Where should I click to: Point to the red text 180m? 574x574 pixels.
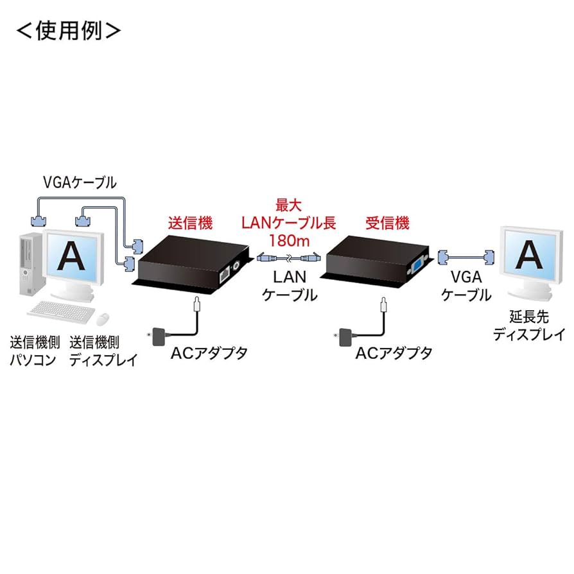point(288,241)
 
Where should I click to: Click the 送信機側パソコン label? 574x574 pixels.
point(31,350)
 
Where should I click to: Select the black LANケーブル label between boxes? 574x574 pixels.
point(290,286)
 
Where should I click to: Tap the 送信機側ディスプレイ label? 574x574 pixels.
point(103,350)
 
